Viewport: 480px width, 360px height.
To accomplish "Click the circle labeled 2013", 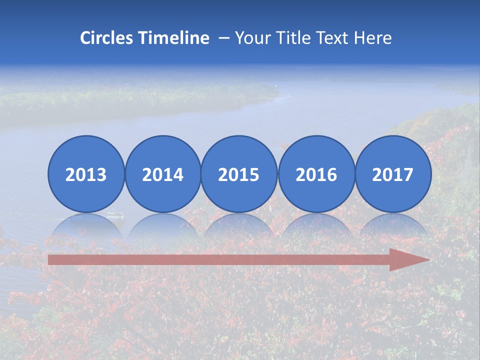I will (x=86, y=174).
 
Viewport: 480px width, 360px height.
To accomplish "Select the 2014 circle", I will (x=162, y=174).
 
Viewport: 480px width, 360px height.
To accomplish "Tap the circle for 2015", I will (x=239, y=174).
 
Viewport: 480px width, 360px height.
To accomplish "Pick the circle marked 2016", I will (x=316, y=174).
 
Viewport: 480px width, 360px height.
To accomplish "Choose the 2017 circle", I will (x=392, y=174).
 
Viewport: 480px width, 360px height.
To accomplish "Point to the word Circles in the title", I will (x=107, y=38).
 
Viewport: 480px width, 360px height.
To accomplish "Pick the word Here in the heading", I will (x=372, y=38).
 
